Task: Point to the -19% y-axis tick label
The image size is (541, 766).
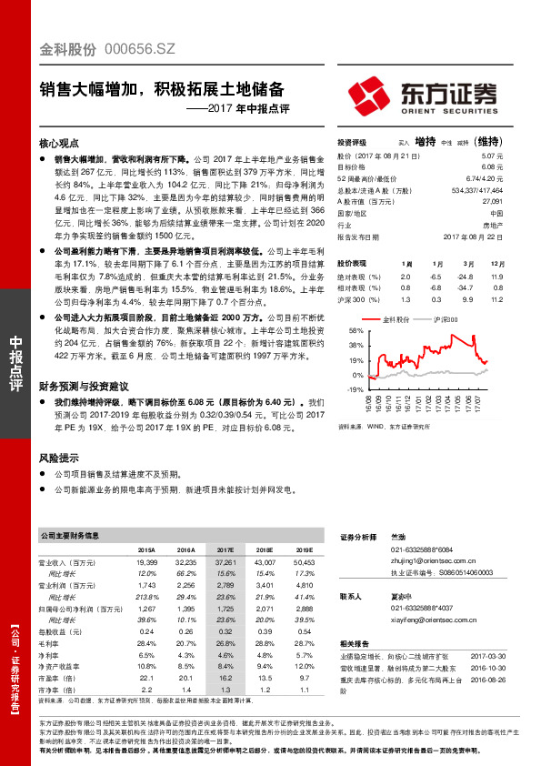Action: click(x=355, y=388)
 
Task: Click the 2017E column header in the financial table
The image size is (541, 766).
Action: click(x=225, y=550)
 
